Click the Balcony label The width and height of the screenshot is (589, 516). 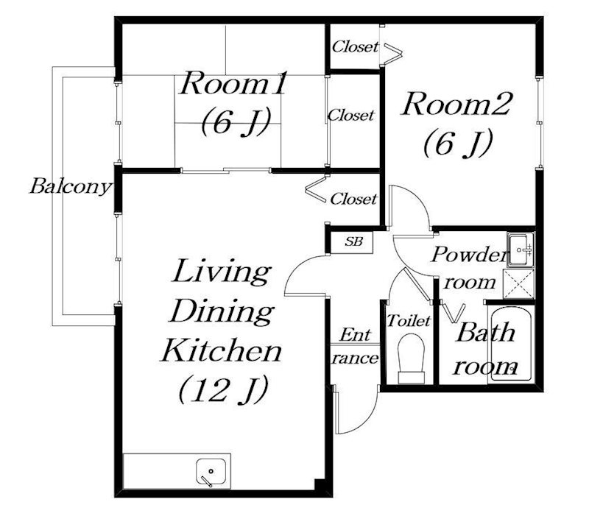pyautogui.click(x=71, y=186)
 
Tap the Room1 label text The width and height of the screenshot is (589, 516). pyautogui.click(x=233, y=83)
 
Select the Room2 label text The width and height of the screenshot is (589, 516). pyautogui.click(x=456, y=104)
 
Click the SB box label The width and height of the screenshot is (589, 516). pyautogui.click(x=353, y=241)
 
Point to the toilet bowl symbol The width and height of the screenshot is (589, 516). pyautogui.click(x=412, y=358)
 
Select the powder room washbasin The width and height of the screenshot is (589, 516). pyautogui.click(x=521, y=250)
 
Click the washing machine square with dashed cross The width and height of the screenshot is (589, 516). pyautogui.click(x=518, y=284)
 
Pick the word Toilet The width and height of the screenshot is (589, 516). pyautogui.click(x=409, y=321)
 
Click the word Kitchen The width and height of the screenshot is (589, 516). pyautogui.click(x=222, y=350)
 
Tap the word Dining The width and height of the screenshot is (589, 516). pyautogui.click(x=222, y=312)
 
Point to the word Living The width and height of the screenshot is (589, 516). pyautogui.click(x=221, y=272)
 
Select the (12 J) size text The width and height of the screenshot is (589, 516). pyautogui.click(x=223, y=389)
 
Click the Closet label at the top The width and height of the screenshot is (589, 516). pyautogui.click(x=356, y=47)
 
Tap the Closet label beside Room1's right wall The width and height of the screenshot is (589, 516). pyautogui.click(x=351, y=115)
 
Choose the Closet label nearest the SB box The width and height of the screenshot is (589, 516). pyautogui.click(x=353, y=199)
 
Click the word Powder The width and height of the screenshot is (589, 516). pyautogui.click(x=470, y=255)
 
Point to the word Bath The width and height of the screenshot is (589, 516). pyautogui.click(x=485, y=333)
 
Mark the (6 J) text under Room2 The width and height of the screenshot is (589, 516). pyautogui.click(x=457, y=143)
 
